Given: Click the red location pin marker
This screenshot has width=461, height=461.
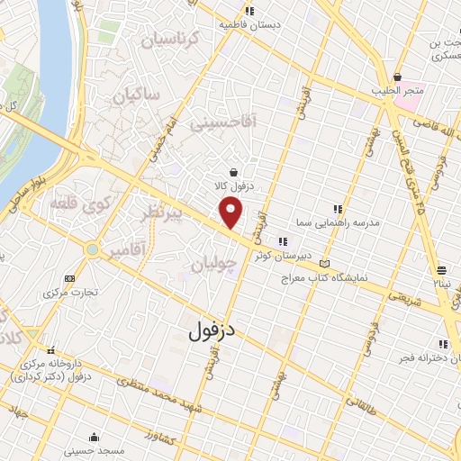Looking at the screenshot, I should (231, 212).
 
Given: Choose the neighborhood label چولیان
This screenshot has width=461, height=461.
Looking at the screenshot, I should (214, 264).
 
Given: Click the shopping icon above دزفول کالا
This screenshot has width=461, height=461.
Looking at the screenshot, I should (234, 172).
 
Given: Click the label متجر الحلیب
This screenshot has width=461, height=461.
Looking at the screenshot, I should (398, 92).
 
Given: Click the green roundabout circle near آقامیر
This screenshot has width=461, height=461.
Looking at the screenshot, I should (91, 249).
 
